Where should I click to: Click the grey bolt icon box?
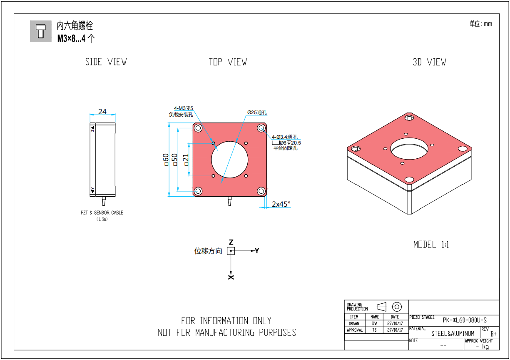41,31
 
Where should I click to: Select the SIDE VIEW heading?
106,62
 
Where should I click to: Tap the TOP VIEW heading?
228,62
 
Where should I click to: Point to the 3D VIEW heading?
429,62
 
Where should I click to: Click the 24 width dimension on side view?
102,112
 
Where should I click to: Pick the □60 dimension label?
166,159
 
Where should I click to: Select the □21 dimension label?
186,159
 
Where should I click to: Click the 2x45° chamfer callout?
281,204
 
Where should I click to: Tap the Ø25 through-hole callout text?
256,112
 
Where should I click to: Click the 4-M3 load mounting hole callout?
183,109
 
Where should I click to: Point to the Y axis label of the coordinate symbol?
257,250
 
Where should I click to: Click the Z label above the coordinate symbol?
231,242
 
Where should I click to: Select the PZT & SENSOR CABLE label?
102,212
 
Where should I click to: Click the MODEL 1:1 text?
431,245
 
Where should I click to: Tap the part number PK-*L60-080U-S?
464,320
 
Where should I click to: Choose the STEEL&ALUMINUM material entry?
453,333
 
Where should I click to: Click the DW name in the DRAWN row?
375,323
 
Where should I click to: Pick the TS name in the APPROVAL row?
375,330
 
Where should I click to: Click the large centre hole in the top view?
229,159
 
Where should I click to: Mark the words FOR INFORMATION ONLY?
226,321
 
